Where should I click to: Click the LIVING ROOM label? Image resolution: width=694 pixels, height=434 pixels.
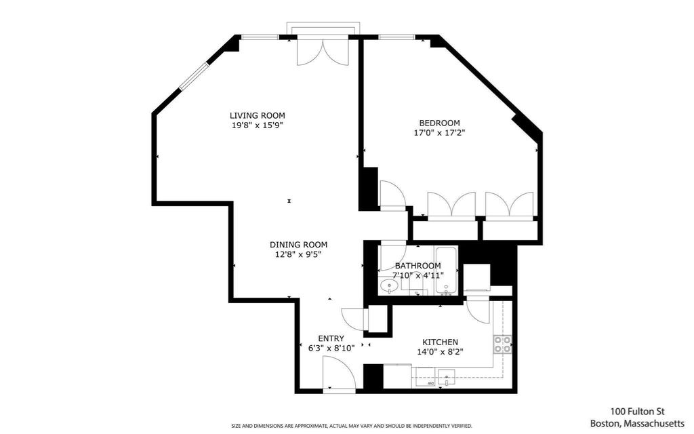click(x=257, y=115)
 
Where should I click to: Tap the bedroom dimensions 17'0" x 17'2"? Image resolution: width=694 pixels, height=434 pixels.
click(x=439, y=132)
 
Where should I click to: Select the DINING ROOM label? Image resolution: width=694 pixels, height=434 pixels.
click(x=299, y=244)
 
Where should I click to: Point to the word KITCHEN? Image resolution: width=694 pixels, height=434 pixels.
click(x=440, y=342)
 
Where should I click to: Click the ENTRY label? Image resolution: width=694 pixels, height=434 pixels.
click(x=331, y=339)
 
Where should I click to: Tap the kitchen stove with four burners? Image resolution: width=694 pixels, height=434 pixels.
click(x=503, y=344)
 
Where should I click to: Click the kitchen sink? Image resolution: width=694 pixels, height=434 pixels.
click(x=447, y=377)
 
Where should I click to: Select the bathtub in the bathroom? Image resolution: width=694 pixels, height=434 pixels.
click(x=446, y=270)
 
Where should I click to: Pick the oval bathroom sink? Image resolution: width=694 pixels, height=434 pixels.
click(x=390, y=285)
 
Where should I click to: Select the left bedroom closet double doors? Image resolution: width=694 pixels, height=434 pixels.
click(x=451, y=205)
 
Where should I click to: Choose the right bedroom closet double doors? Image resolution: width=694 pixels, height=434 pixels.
click(x=510, y=205)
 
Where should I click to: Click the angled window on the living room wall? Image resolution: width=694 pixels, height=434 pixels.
click(x=193, y=77)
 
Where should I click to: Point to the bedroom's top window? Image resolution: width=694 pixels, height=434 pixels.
click(x=396, y=37)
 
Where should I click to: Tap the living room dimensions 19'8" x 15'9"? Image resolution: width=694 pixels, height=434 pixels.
click(x=257, y=125)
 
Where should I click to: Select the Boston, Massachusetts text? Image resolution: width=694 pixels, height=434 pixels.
click(x=637, y=423)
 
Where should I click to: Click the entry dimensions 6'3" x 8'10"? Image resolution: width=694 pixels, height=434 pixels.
click(x=331, y=348)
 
